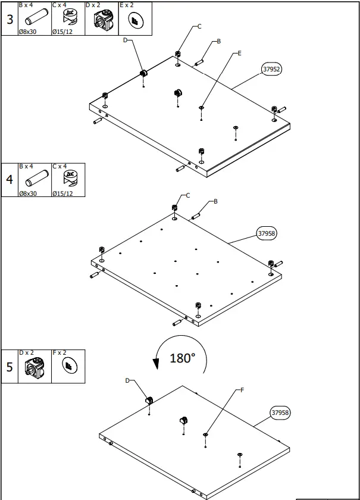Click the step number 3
[10, 19]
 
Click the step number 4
[10, 180]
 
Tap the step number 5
[10, 366]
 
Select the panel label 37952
[271, 69]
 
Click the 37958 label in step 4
[266, 233]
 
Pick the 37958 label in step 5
[280, 412]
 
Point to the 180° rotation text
[182, 358]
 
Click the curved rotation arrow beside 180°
[157, 358]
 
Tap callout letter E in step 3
[239, 54]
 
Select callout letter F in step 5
[242, 390]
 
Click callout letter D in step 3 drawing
[125, 40]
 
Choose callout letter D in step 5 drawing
[127, 380]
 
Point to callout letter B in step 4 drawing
[215, 201]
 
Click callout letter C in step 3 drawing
[199, 26]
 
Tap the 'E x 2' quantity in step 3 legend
[127, 5]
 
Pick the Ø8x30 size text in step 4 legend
[29, 193]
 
